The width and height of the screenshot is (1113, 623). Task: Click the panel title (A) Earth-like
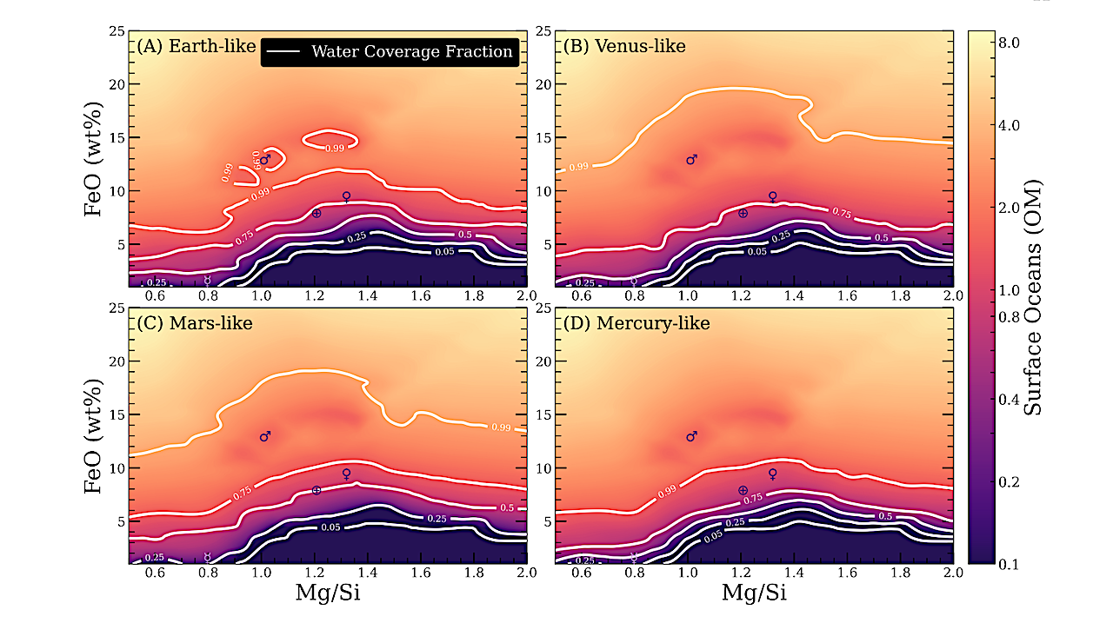pos(193,47)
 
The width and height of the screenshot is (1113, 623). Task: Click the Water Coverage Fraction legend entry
pos(390,51)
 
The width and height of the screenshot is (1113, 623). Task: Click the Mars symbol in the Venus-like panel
pos(691,159)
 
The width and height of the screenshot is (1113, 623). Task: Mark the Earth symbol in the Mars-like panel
pos(317,490)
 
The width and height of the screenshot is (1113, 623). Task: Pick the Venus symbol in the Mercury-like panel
pos(772,474)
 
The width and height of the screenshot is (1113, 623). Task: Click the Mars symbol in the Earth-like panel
pos(265,159)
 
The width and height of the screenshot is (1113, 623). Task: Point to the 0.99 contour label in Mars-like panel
pos(501,427)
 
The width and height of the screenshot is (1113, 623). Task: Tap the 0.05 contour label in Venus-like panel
pos(756,251)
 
